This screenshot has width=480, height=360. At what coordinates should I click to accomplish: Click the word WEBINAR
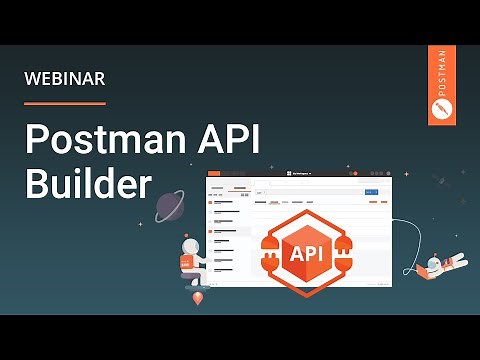(64, 78)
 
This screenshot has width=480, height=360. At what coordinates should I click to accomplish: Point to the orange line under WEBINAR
(64, 102)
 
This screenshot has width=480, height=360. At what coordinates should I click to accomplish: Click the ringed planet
(170, 207)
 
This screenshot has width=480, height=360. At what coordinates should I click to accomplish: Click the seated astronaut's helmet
(191, 247)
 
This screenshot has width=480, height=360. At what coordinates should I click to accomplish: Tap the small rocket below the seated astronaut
(197, 297)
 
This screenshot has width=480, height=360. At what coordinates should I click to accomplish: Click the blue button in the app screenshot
(372, 190)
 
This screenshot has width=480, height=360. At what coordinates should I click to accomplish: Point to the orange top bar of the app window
(300, 174)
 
